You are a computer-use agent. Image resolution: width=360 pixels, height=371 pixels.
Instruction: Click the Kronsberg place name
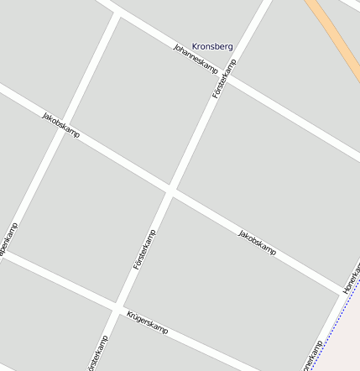(x=212, y=46)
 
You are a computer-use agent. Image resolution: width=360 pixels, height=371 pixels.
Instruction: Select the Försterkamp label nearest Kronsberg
(x=225, y=79)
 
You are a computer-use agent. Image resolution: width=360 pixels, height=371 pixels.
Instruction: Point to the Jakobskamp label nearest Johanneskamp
(x=60, y=124)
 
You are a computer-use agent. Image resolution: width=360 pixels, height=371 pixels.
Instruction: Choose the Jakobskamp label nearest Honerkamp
(x=257, y=242)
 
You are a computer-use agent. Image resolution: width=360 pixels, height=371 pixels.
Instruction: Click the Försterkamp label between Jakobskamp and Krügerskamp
(x=145, y=249)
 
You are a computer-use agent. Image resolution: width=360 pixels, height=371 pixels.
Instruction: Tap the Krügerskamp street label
(x=148, y=322)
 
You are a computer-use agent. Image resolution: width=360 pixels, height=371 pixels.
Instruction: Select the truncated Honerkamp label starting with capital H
(x=352, y=278)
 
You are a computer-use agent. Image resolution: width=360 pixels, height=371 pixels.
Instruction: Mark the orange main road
(x=335, y=38)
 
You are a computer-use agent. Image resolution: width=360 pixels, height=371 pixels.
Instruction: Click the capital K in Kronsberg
(x=196, y=46)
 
